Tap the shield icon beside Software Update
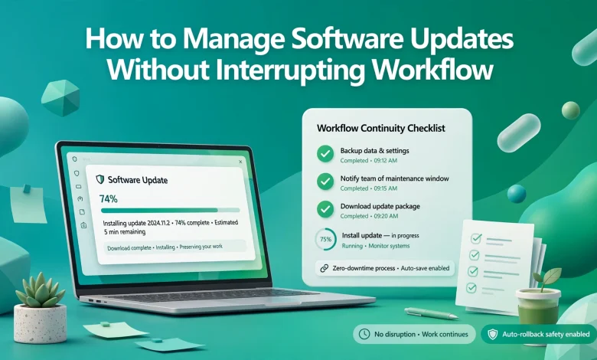[100, 179]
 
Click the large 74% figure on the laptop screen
[109, 199]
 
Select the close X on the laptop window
[240, 162]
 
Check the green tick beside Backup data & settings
[325, 154]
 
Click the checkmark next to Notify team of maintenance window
[325, 182]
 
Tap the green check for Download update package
[325, 210]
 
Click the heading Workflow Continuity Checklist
[380, 128]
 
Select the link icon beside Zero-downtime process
[324, 268]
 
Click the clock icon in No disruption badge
[364, 334]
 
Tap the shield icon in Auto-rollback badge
[493, 335]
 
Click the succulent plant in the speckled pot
[40, 290]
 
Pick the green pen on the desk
[431, 313]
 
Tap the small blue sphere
[517, 194]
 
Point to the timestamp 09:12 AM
[385, 161]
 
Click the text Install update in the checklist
[362, 235]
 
